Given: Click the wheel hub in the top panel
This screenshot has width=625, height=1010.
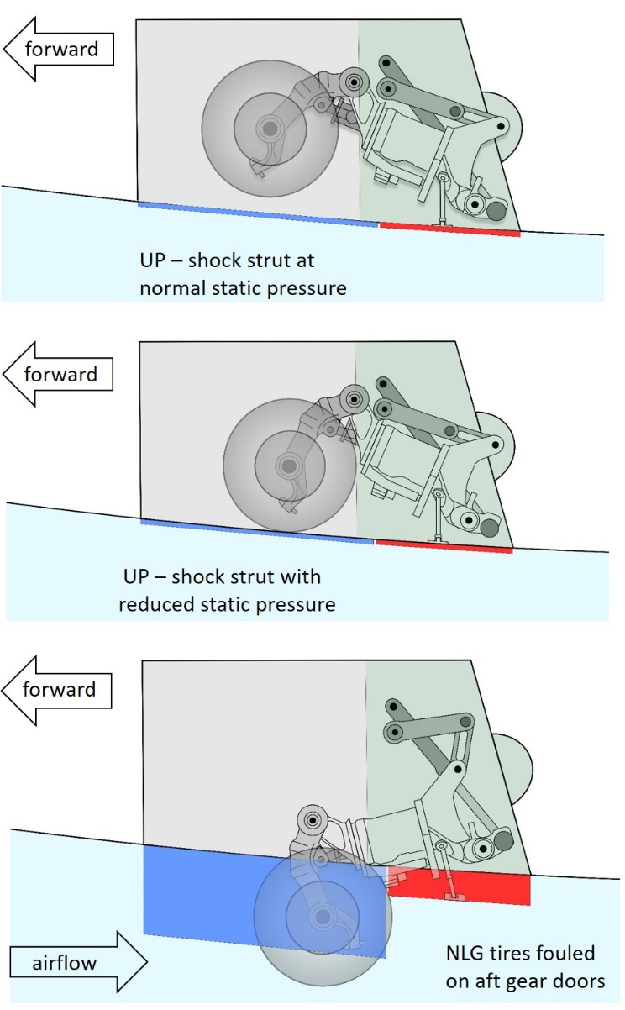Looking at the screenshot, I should coord(270,129).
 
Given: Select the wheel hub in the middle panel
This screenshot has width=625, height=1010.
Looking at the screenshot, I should coord(289,465).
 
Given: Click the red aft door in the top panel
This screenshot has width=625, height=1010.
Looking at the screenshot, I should coord(449,229).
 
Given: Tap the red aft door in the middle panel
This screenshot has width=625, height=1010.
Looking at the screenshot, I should coord(444,547).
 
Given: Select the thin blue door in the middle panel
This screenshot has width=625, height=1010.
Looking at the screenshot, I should coord(257,532).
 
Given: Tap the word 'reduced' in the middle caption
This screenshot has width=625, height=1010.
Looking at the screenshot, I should coord(152,603).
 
